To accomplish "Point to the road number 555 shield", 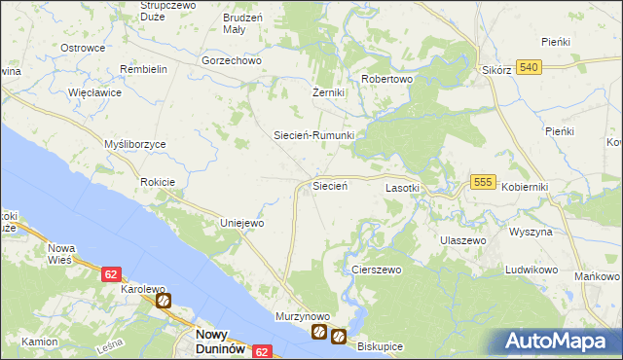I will pos(484,182).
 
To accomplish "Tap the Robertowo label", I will pos(387,79).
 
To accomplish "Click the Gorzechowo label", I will pos(232,60).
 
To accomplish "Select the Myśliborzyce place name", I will pos(135,144).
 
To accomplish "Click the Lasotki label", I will pos(403,187).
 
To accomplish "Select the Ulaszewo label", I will pos(462,239).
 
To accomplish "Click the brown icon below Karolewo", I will pos(164,302).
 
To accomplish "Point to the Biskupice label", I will pos(379,346).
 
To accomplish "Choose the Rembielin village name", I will pos(144,69).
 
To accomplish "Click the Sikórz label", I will pos(497,71).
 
